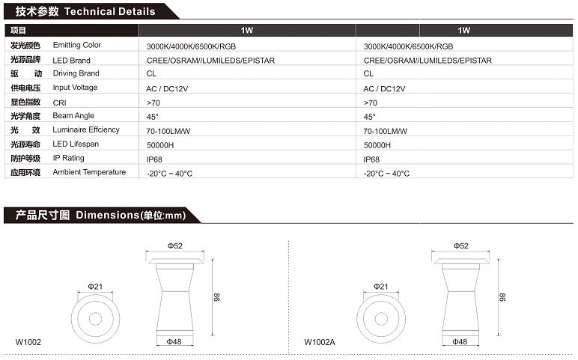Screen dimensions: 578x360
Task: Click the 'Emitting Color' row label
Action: pyautogui.click(x=76, y=45)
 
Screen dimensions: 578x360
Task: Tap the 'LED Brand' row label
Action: pyautogui.click(x=71, y=61)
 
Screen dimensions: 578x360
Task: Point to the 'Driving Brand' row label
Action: pyautogui.click(x=76, y=73)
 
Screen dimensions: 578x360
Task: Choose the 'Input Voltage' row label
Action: pyautogui.click(x=75, y=88)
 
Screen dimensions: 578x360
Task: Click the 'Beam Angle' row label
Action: pyautogui.click(x=73, y=116)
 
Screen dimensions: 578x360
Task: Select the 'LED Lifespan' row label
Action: pyautogui.click(x=76, y=144)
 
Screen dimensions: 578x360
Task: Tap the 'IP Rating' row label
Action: pyautogui.click(x=68, y=158)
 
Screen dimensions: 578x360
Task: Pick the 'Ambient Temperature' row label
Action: pyautogui.click(x=89, y=172)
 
